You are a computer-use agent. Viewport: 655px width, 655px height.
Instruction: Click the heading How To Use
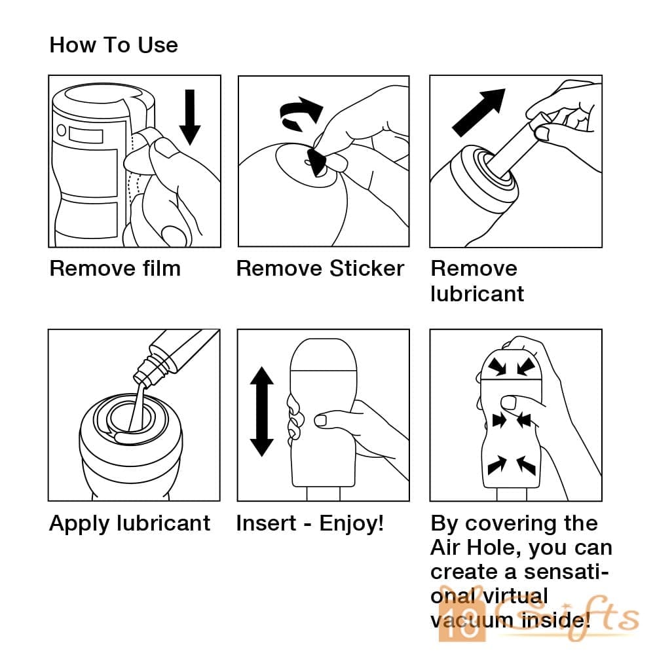[x=113, y=45]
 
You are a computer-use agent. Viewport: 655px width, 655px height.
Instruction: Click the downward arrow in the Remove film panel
[x=190, y=117]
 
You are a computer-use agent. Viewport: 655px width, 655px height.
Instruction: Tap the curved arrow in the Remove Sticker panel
[x=301, y=113]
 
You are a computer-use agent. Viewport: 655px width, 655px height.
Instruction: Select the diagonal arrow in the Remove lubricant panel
[x=479, y=113]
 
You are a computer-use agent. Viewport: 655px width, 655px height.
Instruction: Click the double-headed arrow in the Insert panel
[x=261, y=411]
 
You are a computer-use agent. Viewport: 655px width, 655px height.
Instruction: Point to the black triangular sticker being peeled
[x=316, y=162]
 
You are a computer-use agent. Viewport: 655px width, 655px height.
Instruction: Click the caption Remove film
[x=115, y=268]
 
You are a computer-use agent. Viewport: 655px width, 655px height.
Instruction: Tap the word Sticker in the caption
[x=366, y=268]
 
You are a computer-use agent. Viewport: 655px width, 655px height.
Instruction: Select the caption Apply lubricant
[x=130, y=523]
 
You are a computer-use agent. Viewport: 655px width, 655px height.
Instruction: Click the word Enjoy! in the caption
[x=351, y=523]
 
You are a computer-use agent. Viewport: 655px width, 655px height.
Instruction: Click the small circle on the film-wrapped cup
[x=62, y=130]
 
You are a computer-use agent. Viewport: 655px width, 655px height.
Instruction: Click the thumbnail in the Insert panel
[x=321, y=421]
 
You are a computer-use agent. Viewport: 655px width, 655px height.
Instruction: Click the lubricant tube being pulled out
[x=513, y=148]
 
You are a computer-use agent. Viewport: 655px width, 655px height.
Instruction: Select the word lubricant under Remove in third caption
[x=477, y=293]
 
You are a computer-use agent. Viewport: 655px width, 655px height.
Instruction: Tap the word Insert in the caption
[x=266, y=523]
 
